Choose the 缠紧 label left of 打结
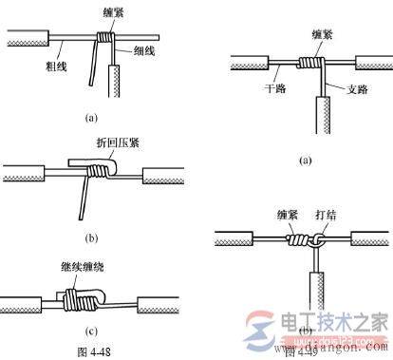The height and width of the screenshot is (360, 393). click(284, 214)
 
